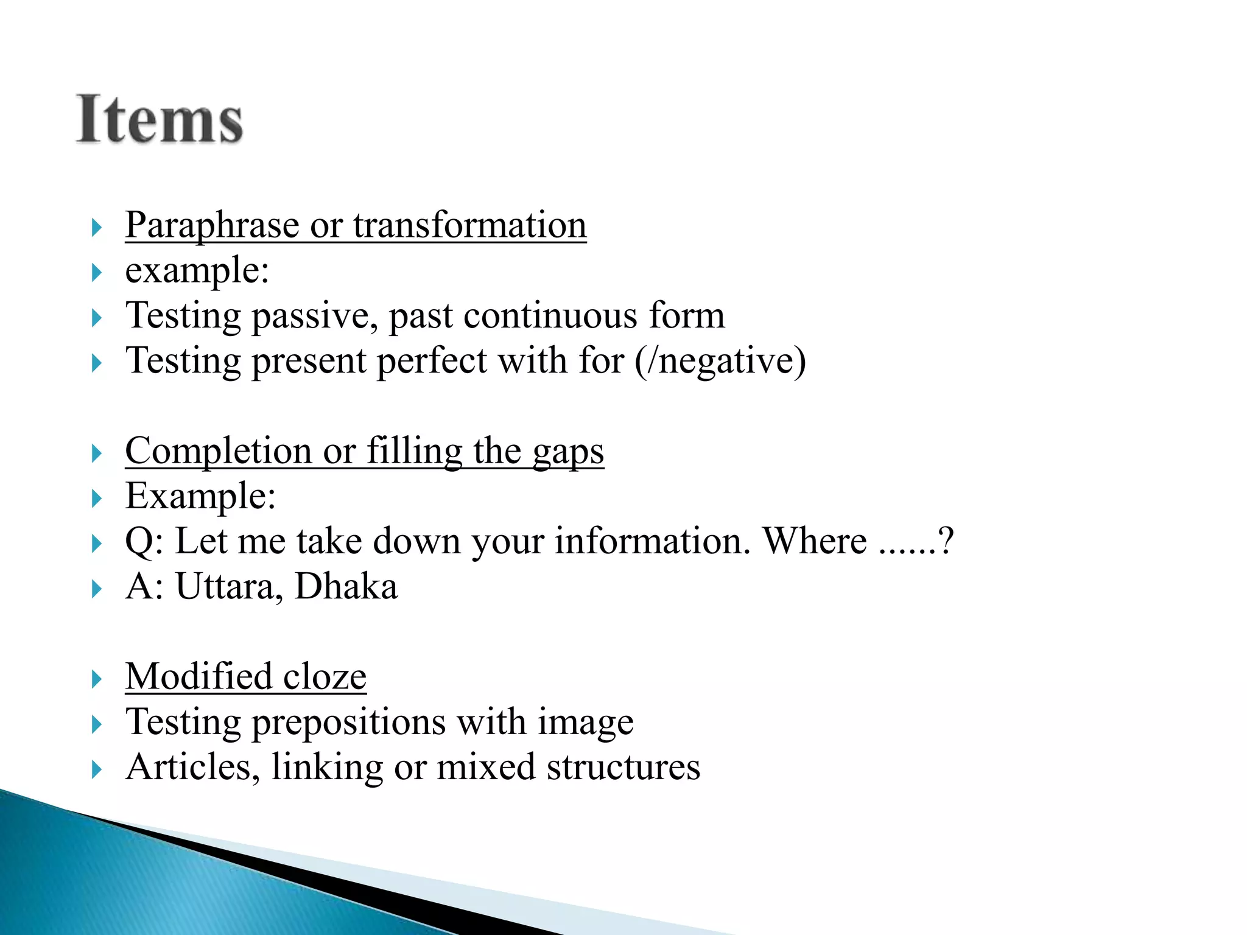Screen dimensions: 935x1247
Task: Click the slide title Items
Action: [160, 119]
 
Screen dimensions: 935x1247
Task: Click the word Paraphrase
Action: [212, 225]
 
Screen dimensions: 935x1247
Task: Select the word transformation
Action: [469, 225]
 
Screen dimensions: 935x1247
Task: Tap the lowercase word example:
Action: [197, 270]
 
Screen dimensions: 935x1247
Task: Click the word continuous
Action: [550, 316]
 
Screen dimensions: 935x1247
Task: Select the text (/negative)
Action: [720, 361]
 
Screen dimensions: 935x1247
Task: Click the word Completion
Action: [219, 451]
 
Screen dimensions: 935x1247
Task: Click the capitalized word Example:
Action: [200, 496]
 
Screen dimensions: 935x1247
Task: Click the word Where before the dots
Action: [815, 541]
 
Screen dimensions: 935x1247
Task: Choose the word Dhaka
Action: [346, 587]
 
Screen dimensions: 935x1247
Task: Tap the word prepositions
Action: [349, 723]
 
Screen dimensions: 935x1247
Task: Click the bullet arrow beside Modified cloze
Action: [96, 679]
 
